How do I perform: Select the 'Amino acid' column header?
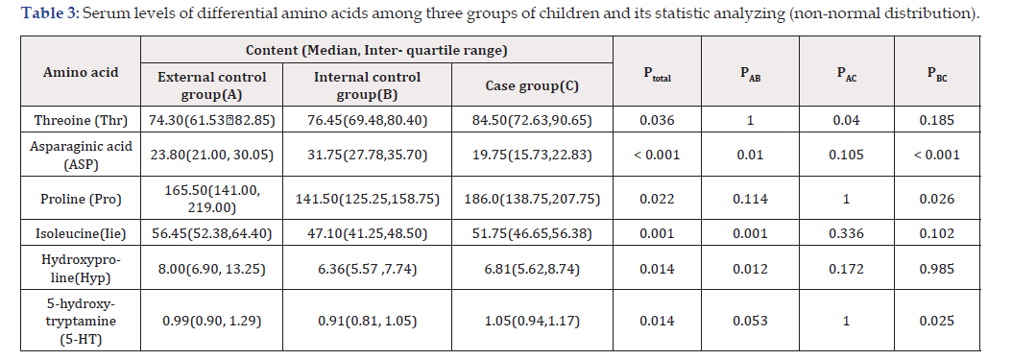[x=81, y=72]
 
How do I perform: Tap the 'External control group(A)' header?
[x=211, y=85]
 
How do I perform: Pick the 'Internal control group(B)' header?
[x=367, y=85]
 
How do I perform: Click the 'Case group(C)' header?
[x=532, y=85]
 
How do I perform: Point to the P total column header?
[x=657, y=74]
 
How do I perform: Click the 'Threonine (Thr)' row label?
[x=81, y=120]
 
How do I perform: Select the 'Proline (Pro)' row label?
[x=81, y=199]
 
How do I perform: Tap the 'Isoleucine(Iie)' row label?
[x=81, y=233]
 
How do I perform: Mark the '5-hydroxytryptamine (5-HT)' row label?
[x=81, y=321]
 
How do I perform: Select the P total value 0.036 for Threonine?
[x=657, y=120]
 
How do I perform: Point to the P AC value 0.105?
[x=847, y=155]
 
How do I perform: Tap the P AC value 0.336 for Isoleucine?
[x=847, y=233]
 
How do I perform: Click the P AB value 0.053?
[x=750, y=321]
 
